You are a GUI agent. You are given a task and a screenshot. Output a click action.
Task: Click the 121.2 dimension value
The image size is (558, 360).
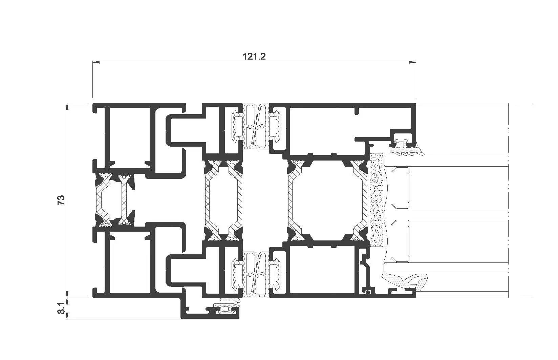[254, 57]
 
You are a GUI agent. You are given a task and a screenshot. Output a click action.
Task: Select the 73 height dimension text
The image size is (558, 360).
[61, 200]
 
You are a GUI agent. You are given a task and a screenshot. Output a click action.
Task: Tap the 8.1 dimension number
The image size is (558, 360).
[61, 308]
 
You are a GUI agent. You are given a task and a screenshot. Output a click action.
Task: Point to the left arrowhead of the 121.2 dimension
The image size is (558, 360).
[96, 62]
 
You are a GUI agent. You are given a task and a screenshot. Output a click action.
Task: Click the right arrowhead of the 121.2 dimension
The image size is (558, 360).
[412, 62]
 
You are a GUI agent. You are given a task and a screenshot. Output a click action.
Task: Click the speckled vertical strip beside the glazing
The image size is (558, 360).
[377, 200]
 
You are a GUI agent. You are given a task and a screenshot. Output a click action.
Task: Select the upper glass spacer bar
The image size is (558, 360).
[400, 188]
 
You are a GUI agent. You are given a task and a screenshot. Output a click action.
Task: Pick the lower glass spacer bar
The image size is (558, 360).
[400, 241]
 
